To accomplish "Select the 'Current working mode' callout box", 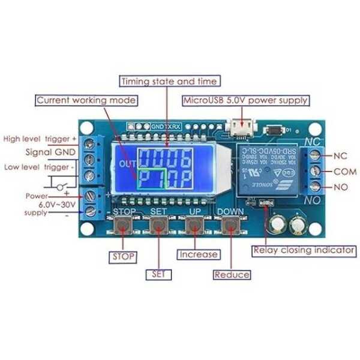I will pos(86,100).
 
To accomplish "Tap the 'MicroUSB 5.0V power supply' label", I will pos(246,100).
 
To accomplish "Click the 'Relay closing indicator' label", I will pos(304,250).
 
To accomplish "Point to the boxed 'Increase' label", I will pos(198,254).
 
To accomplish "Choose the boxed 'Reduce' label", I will pos(232,274).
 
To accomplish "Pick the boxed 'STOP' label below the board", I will pos(122,257).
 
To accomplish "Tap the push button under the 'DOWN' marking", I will pos(230,226).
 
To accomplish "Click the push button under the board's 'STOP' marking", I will pos(124,226).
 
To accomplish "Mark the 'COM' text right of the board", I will pos(340,171).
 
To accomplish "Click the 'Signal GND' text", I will pos(50,152).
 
